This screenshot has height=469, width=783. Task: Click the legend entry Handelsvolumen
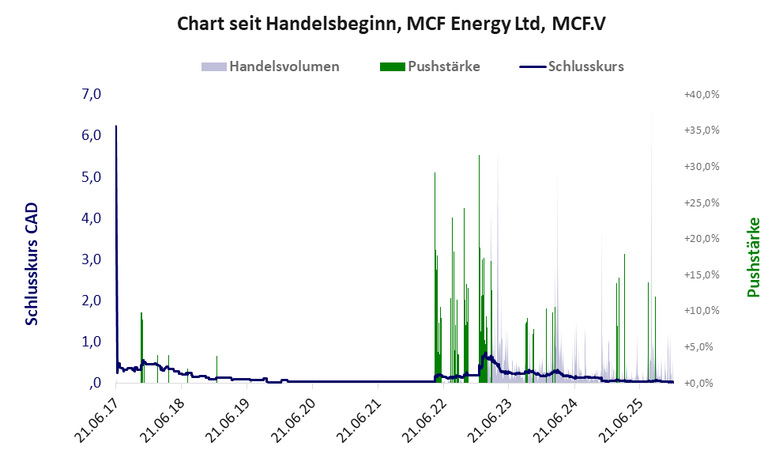pyautogui.click(x=284, y=66)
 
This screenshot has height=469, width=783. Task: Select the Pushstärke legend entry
pyautogui.click(x=443, y=66)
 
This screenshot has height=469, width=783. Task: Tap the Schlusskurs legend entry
pyautogui.click(x=585, y=66)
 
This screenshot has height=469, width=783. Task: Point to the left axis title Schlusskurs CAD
pyautogui.click(x=32, y=263)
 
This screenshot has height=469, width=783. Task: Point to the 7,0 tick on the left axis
pyautogui.click(x=92, y=95)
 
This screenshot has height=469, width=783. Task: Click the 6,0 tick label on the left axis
pyautogui.click(x=92, y=136)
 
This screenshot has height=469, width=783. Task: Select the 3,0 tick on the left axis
pyautogui.click(x=92, y=259)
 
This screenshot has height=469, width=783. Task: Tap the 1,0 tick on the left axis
pyautogui.click(x=92, y=342)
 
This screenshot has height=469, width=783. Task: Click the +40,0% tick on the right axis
pyautogui.click(x=702, y=95)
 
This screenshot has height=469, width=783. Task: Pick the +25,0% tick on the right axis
pyautogui.click(x=702, y=202)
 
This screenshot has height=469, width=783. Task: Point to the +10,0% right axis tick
pyautogui.click(x=702, y=311)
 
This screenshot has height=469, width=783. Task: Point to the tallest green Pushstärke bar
pyautogui.click(x=479, y=158)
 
